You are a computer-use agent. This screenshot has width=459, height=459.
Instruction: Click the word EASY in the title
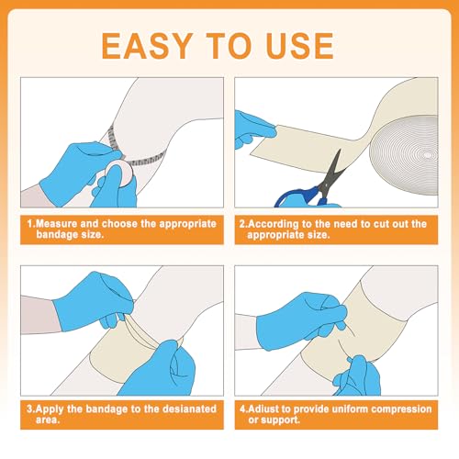click(147, 46)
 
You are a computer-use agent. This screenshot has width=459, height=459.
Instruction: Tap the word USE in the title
click(300, 46)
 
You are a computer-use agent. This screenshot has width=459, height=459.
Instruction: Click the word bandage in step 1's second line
click(54, 235)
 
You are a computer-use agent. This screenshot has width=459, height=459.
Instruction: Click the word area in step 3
click(47, 420)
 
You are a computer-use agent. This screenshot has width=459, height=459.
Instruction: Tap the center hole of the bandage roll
click(428, 155)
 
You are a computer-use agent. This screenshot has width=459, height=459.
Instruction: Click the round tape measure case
click(120, 174)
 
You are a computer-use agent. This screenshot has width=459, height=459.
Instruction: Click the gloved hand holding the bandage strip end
click(254, 130)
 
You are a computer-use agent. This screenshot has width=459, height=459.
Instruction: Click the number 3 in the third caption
click(29, 409)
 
